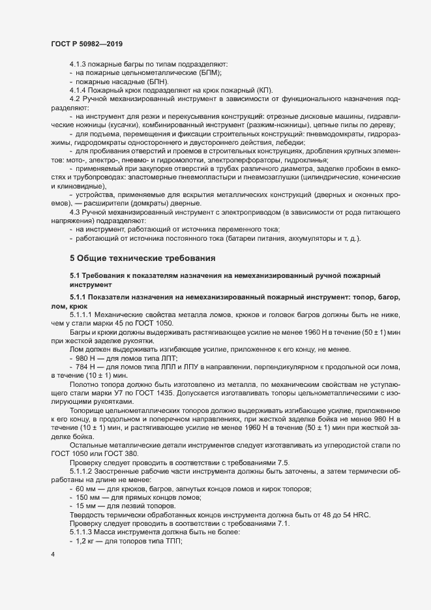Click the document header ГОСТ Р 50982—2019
pyautogui.click(x=86, y=43)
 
